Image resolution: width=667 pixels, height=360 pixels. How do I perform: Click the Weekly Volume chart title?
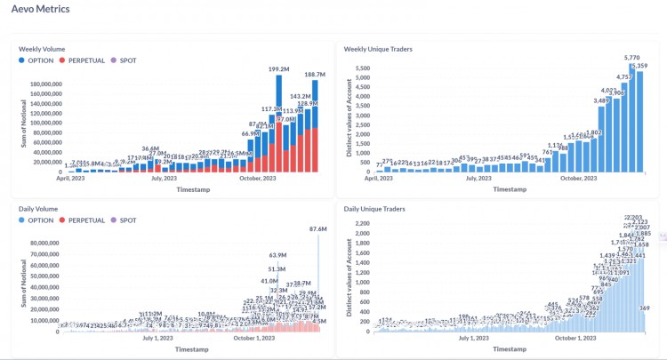42,48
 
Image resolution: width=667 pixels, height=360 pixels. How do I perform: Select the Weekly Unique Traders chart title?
378,48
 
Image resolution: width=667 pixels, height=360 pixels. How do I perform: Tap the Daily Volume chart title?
39,209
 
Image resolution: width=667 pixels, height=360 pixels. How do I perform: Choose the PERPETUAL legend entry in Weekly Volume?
89,60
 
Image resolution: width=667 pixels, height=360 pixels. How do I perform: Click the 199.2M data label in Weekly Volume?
281,68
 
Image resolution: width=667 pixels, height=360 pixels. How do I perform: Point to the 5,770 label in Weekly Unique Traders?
632,58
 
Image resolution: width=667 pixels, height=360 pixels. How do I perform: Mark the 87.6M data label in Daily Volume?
317,229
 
